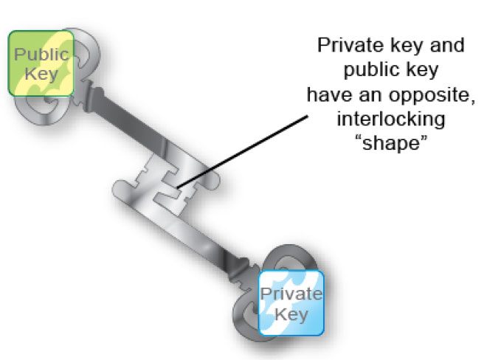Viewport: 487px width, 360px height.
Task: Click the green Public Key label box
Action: click(x=41, y=63)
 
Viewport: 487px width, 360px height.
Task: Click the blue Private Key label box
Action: click(x=291, y=304)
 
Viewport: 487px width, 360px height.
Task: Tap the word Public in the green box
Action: click(x=41, y=54)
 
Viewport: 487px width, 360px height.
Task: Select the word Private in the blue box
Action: click(x=292, y=295)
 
